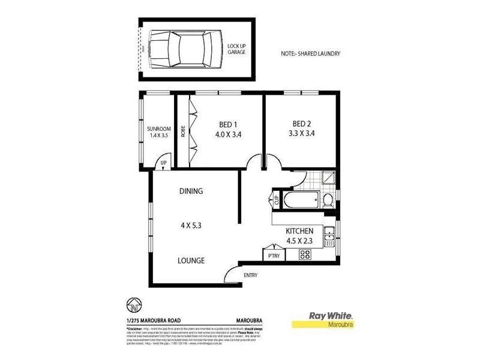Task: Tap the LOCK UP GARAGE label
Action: (x=236, y=49)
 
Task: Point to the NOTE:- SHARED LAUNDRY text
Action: (x=310, y=53)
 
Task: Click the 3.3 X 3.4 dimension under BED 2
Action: (x=298, y=134)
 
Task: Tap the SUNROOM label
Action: (x=159, y=129)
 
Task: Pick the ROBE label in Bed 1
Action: (x=182, y=131)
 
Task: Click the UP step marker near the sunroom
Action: (x=163, y=163)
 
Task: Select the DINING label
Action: (x=191, y=191)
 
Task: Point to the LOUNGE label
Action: (x=191, y=260)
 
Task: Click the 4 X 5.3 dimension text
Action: (x=191, y=226)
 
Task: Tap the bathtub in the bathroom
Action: (x=299, y=199)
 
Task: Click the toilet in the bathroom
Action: (x=328, y=199)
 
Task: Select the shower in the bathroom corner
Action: (x=328, y=178)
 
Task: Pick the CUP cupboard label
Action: (x=277, y=199)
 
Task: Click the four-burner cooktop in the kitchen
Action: (x=305, y=254)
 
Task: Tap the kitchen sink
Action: (x=329, y=238)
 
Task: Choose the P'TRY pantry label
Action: (x=274, y=255)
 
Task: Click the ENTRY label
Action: (x=250, y=275)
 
